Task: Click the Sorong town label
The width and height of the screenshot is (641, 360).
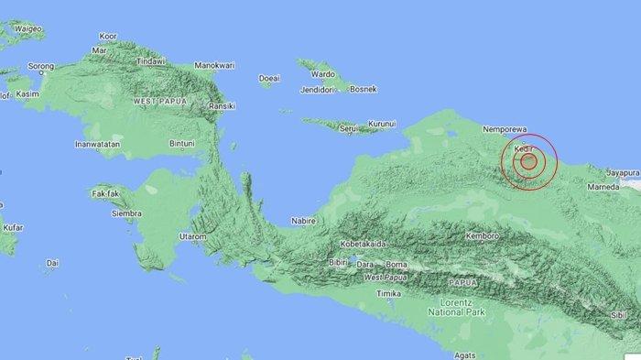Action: [42, 67]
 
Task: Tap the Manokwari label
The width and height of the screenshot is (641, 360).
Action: [216, 66]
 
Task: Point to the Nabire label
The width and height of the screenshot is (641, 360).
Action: [302, 221]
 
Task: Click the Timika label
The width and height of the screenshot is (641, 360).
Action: [390, 293]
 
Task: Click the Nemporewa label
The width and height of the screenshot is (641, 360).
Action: [508, 131]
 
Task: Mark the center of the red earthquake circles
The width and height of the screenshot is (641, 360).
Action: [528, 161]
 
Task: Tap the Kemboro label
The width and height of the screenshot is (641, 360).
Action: [482, 235]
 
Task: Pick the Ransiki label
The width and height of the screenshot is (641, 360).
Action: [223, 106]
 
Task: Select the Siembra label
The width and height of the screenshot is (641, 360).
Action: [126, 213]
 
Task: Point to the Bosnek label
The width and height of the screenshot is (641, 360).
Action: [364, 89]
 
